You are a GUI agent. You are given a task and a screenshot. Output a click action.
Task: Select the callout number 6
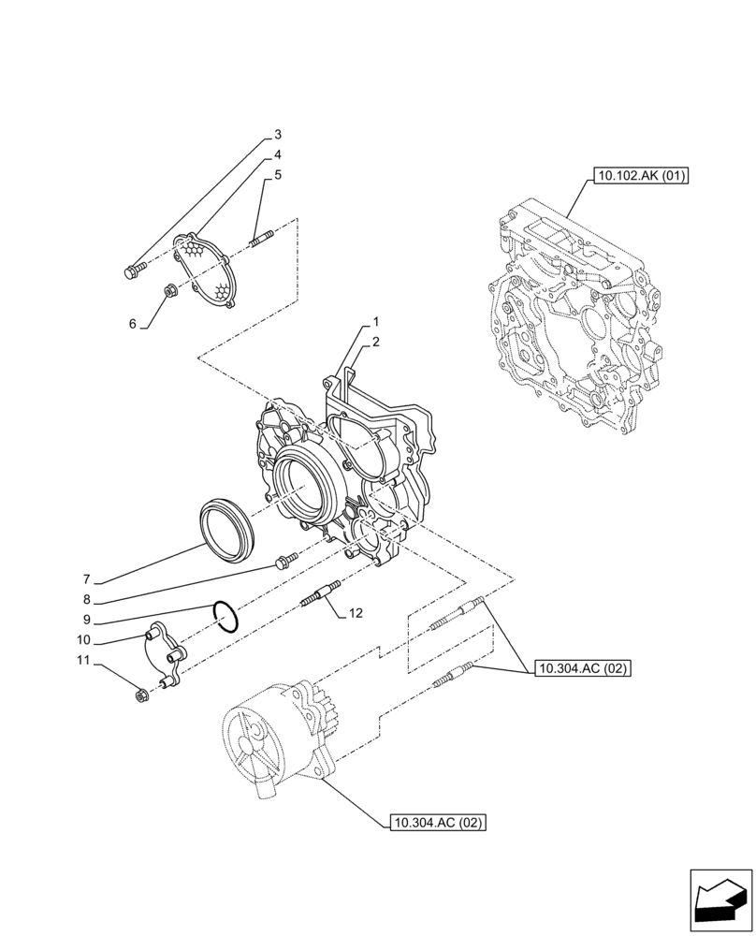tap(133, 324)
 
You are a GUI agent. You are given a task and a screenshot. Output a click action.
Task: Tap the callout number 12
tap(355, 613)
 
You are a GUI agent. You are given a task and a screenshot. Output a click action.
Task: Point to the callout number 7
tap(85, 578)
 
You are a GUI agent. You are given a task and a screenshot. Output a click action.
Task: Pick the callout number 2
tap(374, 344)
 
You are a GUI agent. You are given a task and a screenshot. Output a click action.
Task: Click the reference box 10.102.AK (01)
tap(639, 175)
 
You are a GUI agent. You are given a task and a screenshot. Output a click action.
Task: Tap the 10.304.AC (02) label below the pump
tap(436, 824)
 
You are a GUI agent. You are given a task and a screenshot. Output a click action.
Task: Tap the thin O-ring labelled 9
tap(224, 616)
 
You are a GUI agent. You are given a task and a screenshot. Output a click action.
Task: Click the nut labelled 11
tap(142, 695)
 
